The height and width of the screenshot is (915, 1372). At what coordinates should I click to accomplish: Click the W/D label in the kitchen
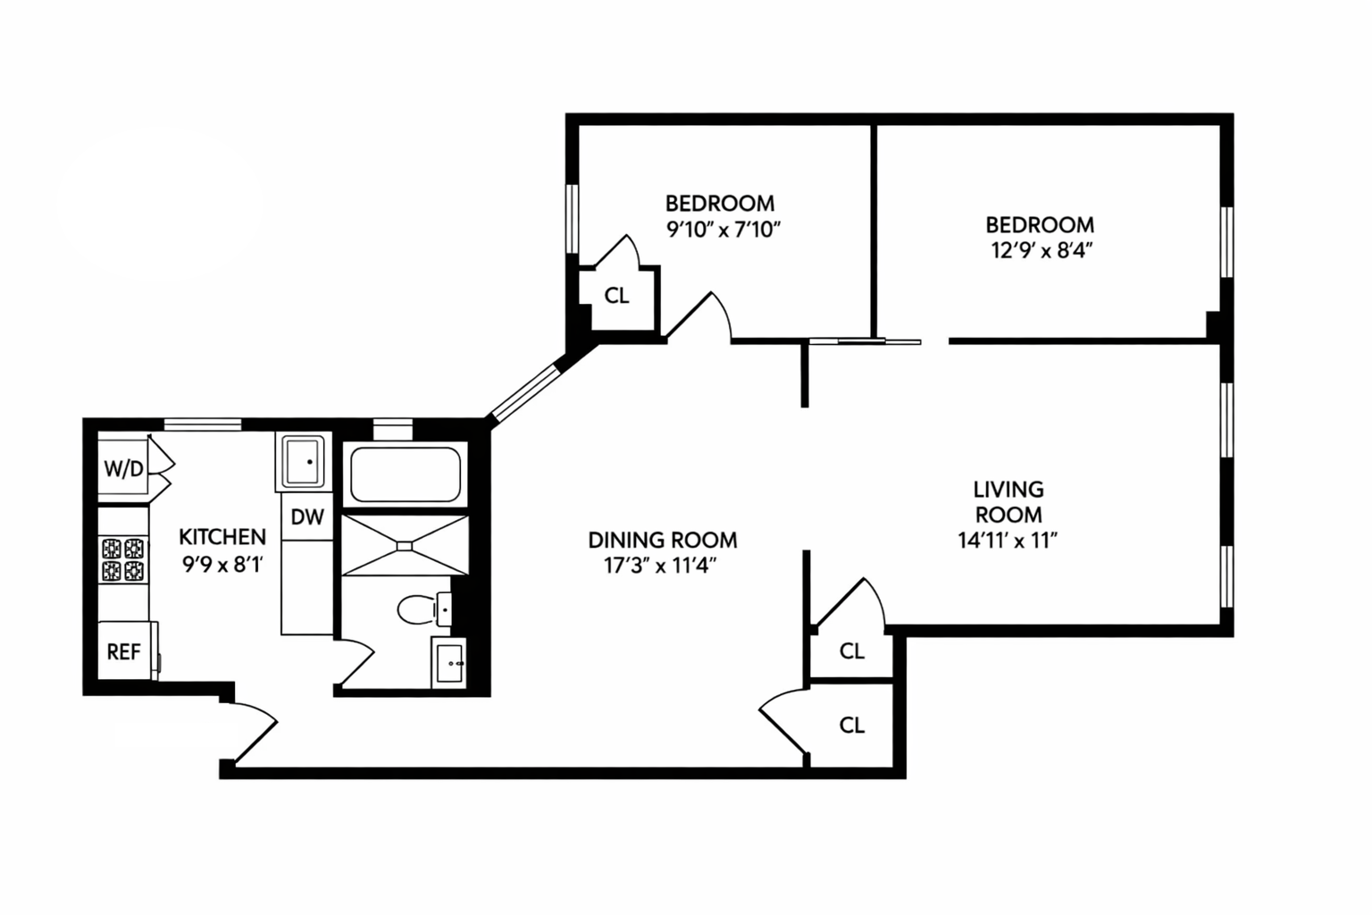pyautogui.click(x=123, y=468)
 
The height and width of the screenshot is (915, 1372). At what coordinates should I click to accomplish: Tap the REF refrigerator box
pyautogui.click(x=124, y=651)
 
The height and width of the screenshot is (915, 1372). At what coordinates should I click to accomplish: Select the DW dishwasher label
pyautogui.click(x=307, y=517)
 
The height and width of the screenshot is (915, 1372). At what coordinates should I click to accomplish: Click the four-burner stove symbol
pyautogui.click(x=122, y=559)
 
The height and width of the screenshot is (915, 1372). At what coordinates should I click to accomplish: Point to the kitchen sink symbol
pyautogui.click(x=303, y=461)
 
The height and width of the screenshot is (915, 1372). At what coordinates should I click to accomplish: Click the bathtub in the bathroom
pyautogui.click(x=406, y=474)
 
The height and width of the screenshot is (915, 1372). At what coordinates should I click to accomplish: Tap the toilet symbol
pyautogui.click(x=418, y=609)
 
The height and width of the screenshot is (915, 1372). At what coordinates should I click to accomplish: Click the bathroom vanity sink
pyautogui.click(x=448, y=662)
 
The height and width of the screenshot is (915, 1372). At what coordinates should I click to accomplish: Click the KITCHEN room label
pyautogui.click(x=222, y=537)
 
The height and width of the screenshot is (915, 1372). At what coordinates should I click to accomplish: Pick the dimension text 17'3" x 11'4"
pyautogui.click(x=661, y=566)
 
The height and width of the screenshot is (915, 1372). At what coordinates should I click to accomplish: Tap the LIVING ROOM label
pyautogui.click(x=1008, y=501)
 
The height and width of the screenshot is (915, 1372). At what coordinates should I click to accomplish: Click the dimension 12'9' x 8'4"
pyautogui.click(x=1042, y=250)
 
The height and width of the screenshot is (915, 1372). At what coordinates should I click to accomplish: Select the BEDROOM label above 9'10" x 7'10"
pyautogui.click(x=720, y=203)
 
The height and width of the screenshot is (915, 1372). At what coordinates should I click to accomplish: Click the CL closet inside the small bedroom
pyautogui.click(x=616, y=296)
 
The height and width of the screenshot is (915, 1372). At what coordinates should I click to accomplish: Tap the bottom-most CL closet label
pyautogui.click(x=851, y=725)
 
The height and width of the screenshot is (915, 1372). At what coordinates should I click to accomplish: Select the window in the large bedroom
pyautogui.click(x=1227, y=241)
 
